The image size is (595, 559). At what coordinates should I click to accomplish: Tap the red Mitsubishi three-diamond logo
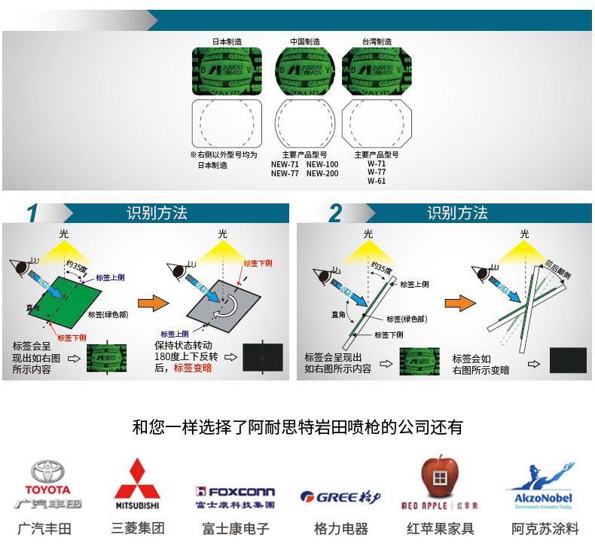pyautogui.click(x=136, y=479)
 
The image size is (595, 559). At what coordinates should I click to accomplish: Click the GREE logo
pyautogui.click(x=340, y=496)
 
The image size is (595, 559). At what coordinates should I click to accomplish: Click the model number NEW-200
pyautogui.click(x=322, y=173)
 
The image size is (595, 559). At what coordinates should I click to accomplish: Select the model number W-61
pyautogui.click(x=377, y=181)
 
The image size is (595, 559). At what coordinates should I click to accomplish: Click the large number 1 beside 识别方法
pyautogui.click(x=32, y=214)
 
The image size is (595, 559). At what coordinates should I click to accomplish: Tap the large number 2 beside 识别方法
pyautogui.click(x=336, y=214)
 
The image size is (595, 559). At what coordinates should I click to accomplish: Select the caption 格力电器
pyautogui.click(x=340, y=529)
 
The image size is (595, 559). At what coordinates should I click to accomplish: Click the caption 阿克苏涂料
pyautogui.click(x=545, y=529)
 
